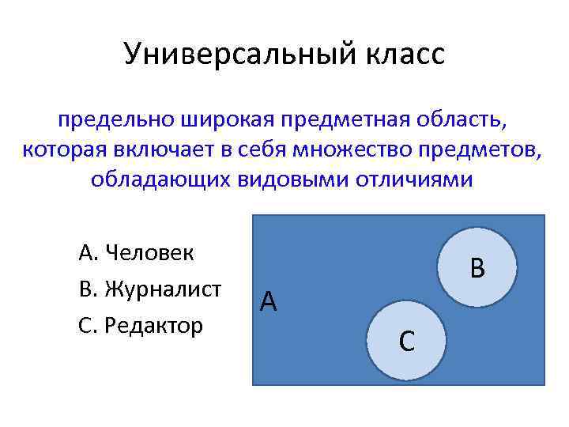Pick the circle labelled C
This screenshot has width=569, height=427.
click(x=408, y=340)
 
